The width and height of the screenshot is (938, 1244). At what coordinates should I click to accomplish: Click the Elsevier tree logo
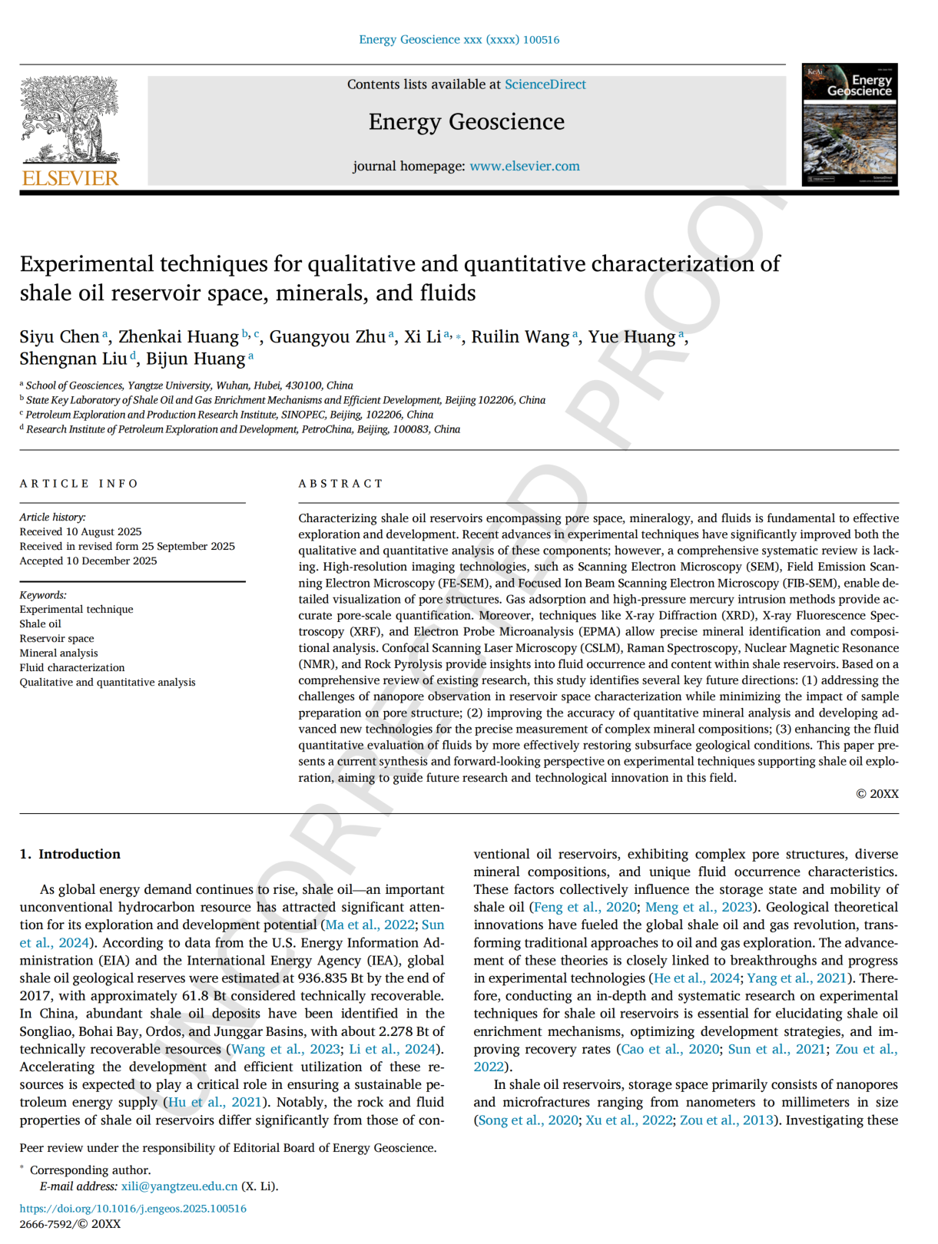pos(69,119)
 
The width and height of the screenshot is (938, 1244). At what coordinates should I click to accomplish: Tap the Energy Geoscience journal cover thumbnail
pos(850,124)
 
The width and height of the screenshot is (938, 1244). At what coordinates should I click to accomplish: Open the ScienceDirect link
pos(545,84)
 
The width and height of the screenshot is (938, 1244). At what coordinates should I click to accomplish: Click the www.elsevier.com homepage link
pos(525,166)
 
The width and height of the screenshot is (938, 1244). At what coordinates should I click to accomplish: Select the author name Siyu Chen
pos(59,337)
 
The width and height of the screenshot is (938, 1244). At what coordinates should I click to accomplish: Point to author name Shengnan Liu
pos(73,359)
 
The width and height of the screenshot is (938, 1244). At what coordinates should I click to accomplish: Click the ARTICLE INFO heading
pos(79,484)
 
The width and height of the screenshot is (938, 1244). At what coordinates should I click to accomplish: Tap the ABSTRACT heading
pos(340,484)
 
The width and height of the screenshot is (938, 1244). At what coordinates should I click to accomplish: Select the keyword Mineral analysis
pos(58,653)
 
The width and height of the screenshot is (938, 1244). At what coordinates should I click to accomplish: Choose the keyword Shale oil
pos(41,624)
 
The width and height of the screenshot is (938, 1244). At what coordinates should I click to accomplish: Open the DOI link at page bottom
pos(133,1209)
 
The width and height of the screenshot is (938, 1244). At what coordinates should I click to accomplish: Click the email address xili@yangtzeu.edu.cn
pos(179,1186)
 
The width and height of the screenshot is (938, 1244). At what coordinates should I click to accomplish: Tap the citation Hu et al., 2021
pos(214,1103)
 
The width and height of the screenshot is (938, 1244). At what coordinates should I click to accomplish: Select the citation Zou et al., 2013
pos(726,1120)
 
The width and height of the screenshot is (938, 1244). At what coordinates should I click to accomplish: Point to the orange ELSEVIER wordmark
pos(70,179)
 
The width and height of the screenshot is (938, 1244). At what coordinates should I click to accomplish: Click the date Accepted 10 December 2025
pos(88,561)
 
